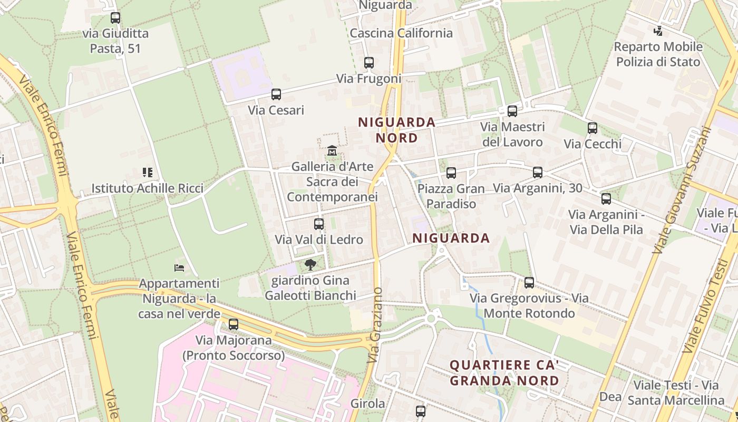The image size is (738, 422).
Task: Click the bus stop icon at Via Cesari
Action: [x=276, y=94]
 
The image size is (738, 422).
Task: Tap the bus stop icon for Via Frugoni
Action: [x=369, y=63]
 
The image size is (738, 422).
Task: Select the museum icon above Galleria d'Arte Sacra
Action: [x=332, y=151]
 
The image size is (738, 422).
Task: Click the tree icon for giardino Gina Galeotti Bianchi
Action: [x=310, y=264]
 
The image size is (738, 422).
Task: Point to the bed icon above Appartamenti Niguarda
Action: [x=179, y=268]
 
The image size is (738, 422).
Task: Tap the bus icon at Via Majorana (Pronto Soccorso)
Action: [x=233, y=324]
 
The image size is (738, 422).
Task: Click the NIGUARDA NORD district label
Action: [x=397, y=130]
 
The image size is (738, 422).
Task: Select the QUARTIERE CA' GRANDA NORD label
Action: [x=504, y=372]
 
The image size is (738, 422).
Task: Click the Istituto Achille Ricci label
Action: [x=147, y=188]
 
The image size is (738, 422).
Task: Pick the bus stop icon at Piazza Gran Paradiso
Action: [x=451, y=172]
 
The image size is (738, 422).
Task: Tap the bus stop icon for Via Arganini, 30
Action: [x=538, y=172]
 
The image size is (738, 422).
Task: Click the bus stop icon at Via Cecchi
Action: [x=593, y=128]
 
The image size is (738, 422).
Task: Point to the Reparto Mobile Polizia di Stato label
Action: [x=658, y=54]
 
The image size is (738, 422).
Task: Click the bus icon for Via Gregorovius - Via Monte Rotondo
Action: [x=529, y=282]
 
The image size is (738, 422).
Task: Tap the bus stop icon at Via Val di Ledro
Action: [x=319, y=224]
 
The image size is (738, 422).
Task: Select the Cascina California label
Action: [x=401, y=33]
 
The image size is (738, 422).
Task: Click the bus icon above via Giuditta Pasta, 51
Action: [x=115, y=18]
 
